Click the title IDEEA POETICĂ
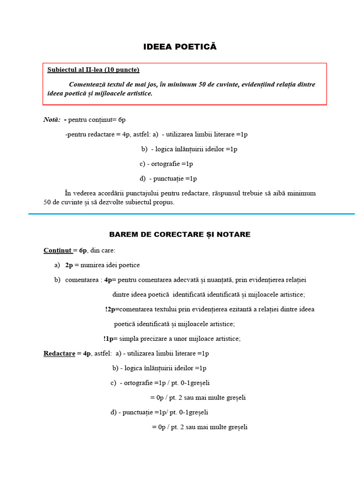(180, 47)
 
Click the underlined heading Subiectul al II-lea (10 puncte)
(93, 70)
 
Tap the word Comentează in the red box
(88, 84)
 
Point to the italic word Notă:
(52, 120)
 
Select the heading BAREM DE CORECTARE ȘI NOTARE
(180, 234)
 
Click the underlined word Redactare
(60, 353)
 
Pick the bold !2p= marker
(112, 309)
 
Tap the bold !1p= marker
(111, 339)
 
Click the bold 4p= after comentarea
(110, 280)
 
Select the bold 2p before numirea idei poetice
(69, 265)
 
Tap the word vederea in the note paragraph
(85, 193)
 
